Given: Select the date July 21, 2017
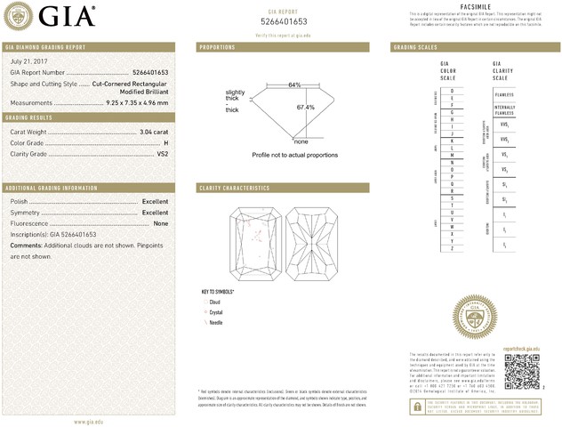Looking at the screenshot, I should click(28, 60).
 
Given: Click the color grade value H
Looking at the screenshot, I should click(165, 142).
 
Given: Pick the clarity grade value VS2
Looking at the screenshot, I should click(162, 154).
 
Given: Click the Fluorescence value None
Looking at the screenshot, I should click(161, 223).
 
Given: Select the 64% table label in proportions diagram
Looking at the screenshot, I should click(294, 85).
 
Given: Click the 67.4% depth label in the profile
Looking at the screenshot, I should click(306, 108).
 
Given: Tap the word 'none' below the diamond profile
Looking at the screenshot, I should click(301, 141).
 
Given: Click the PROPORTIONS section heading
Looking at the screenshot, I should click(217, 46).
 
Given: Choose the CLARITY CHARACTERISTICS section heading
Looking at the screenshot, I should click(235, 189).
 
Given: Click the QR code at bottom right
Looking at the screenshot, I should click(522, 370).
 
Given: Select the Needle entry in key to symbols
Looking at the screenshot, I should click(215, 321).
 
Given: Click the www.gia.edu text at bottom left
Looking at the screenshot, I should click(91, 421).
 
